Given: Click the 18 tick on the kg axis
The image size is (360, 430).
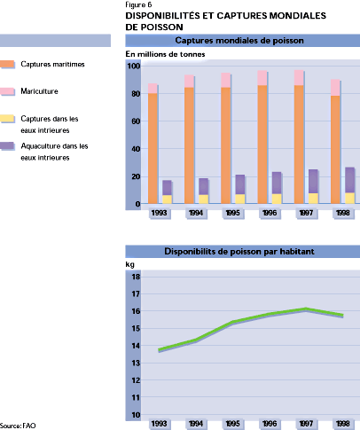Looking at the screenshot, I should tap(135, 278).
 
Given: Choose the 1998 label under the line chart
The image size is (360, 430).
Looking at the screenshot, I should tap(341, 424).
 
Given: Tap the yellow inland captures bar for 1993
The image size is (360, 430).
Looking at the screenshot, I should tap(167, 199).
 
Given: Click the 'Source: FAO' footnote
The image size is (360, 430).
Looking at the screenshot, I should tap(18, 426).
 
